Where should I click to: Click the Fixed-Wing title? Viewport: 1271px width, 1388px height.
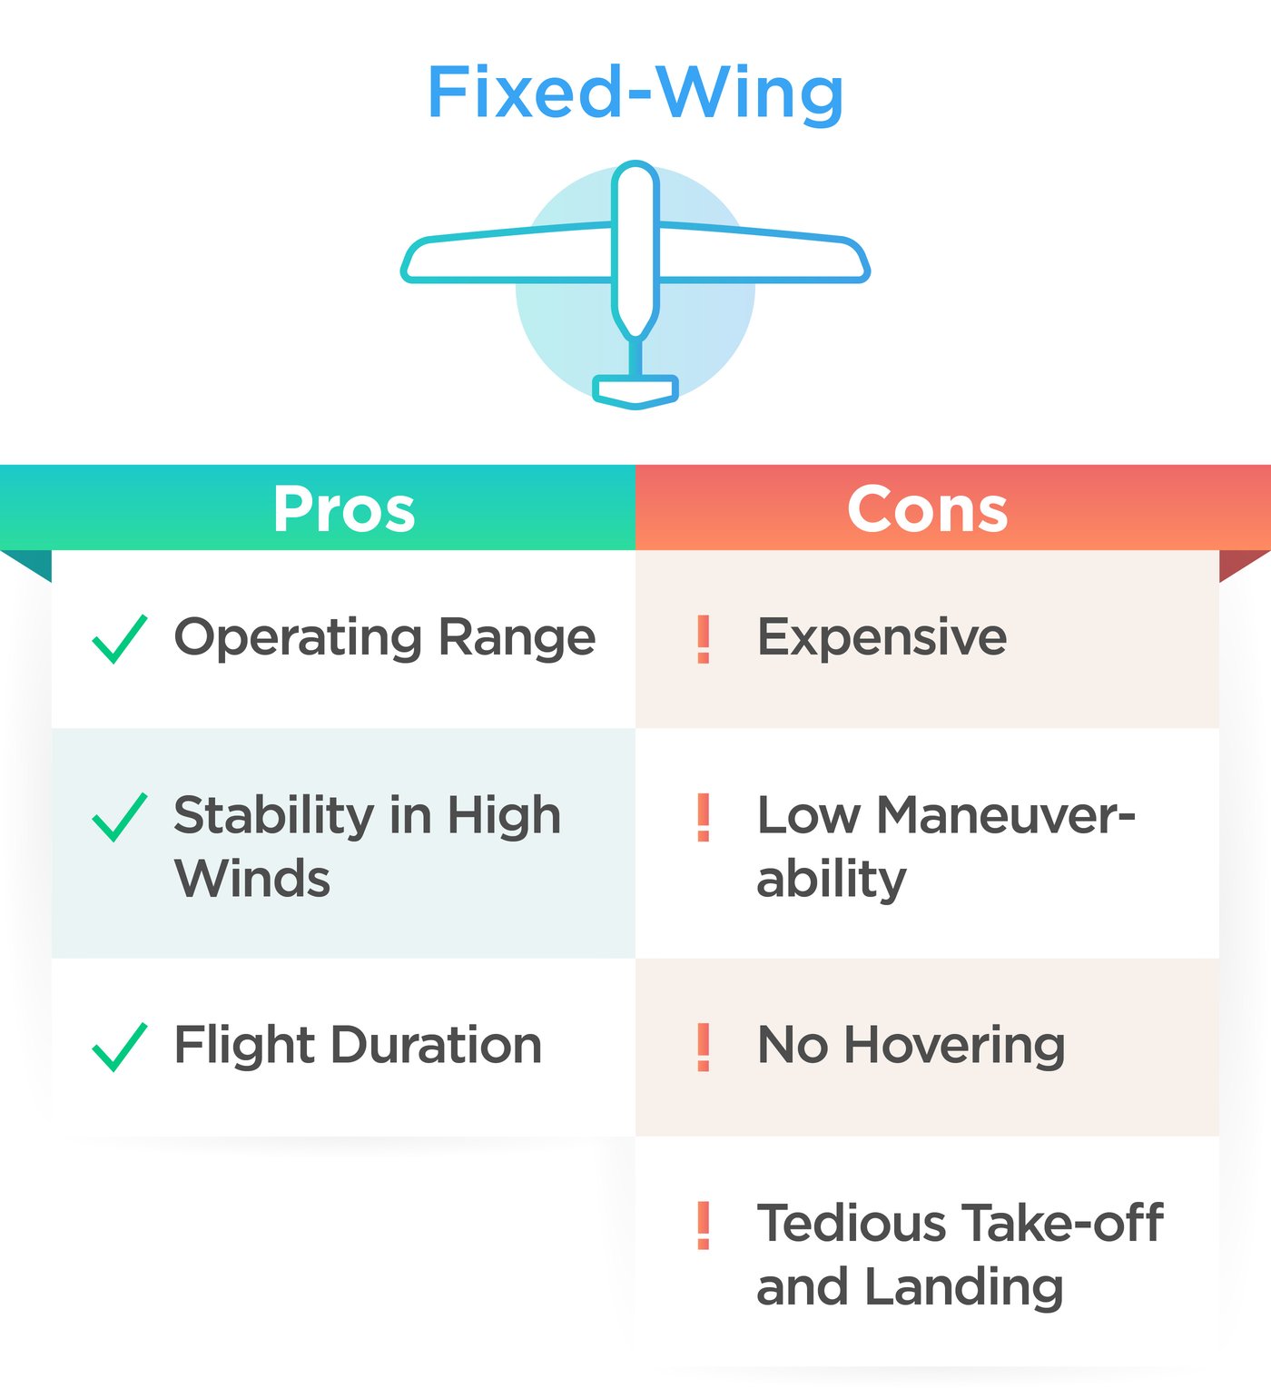635,94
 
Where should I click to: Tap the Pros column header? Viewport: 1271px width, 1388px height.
344,509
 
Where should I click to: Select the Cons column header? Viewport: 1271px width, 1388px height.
927,509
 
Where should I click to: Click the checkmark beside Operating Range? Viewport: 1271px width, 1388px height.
120,639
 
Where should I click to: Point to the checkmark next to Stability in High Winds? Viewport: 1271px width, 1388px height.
120,816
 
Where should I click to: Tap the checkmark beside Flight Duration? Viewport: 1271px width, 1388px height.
120,1046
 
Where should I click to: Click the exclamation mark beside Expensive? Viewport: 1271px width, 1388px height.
704,639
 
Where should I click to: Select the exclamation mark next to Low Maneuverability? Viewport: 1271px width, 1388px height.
704,816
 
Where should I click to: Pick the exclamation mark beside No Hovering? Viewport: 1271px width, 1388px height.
704,1046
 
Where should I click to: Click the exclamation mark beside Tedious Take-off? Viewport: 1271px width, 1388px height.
704,1225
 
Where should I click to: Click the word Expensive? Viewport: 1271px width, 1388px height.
882,638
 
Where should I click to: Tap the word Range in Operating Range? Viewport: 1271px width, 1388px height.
517,639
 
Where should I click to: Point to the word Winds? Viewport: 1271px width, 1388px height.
252,878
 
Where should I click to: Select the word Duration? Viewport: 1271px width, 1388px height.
436,1045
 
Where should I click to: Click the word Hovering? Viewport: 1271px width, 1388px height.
955,1047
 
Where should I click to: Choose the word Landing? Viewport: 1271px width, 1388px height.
963,1287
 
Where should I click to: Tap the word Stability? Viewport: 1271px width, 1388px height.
274,816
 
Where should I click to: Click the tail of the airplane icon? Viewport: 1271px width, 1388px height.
635,391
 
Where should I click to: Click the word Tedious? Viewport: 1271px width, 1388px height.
852,1224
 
